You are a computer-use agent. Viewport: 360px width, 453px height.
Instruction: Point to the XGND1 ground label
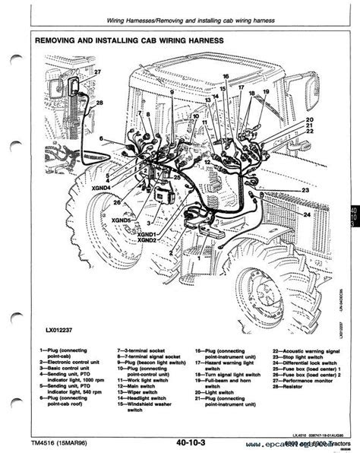(x=149, y=232)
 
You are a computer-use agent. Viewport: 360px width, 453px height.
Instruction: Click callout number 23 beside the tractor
(x=305, y=188)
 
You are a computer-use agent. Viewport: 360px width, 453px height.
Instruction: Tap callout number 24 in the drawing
(x=307, y=215)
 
